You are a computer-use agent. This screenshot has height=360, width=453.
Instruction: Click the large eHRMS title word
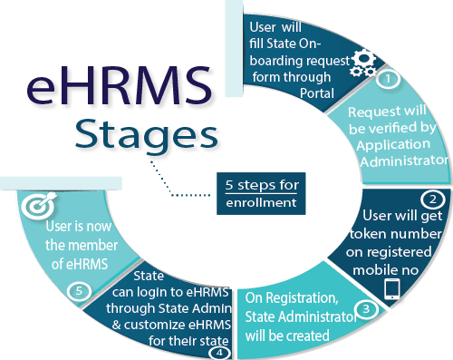click(x=119, y=86)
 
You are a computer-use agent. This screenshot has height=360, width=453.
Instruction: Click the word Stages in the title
click(x=147, y=134)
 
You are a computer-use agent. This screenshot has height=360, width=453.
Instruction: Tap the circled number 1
click(x=388, y=79)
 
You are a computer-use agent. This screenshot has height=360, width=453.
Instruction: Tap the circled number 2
click(x=433, y=199)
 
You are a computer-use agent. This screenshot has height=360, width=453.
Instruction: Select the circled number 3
click(x=366, y=309)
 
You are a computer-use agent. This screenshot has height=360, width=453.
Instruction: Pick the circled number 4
click(x=219, y=353)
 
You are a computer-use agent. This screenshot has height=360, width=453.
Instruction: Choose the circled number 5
click(x=79, y=291)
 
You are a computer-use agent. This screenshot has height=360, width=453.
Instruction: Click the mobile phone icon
click(x=392, y=289)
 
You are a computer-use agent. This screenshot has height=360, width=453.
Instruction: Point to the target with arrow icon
click(x=39, y=205)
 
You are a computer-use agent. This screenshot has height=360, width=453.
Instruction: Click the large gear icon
click(x=365, y=58)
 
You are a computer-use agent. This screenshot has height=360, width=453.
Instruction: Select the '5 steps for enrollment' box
click(x=261, y=193)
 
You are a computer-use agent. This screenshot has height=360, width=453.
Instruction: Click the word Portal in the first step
click(x=317, y=93)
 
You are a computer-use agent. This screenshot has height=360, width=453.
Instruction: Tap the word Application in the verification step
click(x=393, y=145)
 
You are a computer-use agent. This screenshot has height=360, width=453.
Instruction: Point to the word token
click(x=366, y=234)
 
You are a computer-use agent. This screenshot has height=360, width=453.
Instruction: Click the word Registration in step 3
click(x=302, y=298)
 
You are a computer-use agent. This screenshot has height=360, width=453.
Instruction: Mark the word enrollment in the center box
click(x=261, y=202)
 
